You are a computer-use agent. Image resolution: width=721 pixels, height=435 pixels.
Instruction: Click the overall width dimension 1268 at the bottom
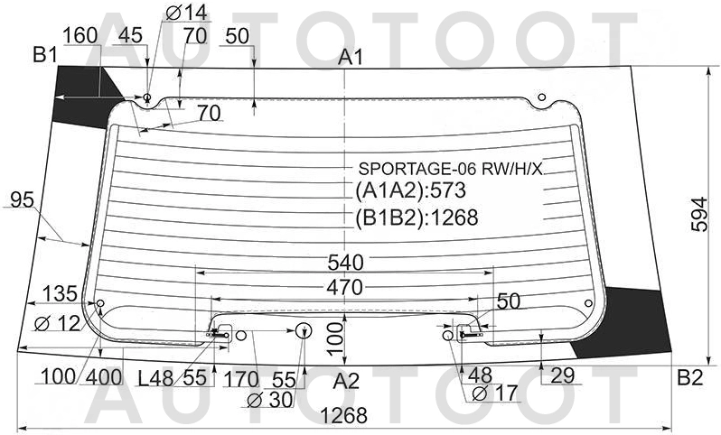[x=343, y=416]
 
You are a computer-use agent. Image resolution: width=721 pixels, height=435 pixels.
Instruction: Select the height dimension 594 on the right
[x=700, y=215]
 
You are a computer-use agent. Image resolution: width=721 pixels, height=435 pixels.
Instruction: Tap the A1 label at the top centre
[x=351, y=58]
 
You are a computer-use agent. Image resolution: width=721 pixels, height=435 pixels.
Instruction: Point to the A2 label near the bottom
[x=346, y=381]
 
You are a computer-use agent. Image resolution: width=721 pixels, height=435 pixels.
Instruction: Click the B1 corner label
[x=45, y=55]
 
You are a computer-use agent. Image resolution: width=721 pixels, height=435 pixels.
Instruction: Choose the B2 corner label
[x=690, y=377]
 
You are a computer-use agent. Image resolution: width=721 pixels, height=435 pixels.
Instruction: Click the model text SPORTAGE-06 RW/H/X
[x=450, y=170]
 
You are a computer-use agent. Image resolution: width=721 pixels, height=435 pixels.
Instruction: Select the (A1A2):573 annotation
[x=410, y=190]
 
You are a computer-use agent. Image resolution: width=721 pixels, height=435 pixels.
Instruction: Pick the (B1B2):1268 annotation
[x=417, y=217]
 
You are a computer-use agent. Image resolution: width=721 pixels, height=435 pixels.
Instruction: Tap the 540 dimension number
[x=345, y=263]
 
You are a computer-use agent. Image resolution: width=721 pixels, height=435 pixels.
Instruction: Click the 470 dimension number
[x=345, y=288]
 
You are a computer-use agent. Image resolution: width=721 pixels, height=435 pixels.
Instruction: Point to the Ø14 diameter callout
[x=186, y=13]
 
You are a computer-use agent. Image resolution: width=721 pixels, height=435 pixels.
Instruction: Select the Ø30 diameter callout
[x=270, y=400]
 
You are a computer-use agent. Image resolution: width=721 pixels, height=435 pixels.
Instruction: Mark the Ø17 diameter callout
[x=494, y=393]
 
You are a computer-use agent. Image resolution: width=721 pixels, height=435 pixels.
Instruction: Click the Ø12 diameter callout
[x=58, y=324]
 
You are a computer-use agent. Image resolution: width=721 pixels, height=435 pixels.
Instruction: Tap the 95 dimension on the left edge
[x=22, y=199]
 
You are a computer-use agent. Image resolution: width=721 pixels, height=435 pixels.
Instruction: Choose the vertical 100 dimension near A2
[x=336, y=338]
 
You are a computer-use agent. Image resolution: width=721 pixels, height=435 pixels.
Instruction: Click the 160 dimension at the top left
[x=80, y=35]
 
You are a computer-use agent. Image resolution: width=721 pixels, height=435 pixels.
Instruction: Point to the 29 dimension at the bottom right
[x=562, y=375]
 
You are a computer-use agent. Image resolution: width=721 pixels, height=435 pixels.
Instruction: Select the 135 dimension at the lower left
[x=60, y=294]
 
